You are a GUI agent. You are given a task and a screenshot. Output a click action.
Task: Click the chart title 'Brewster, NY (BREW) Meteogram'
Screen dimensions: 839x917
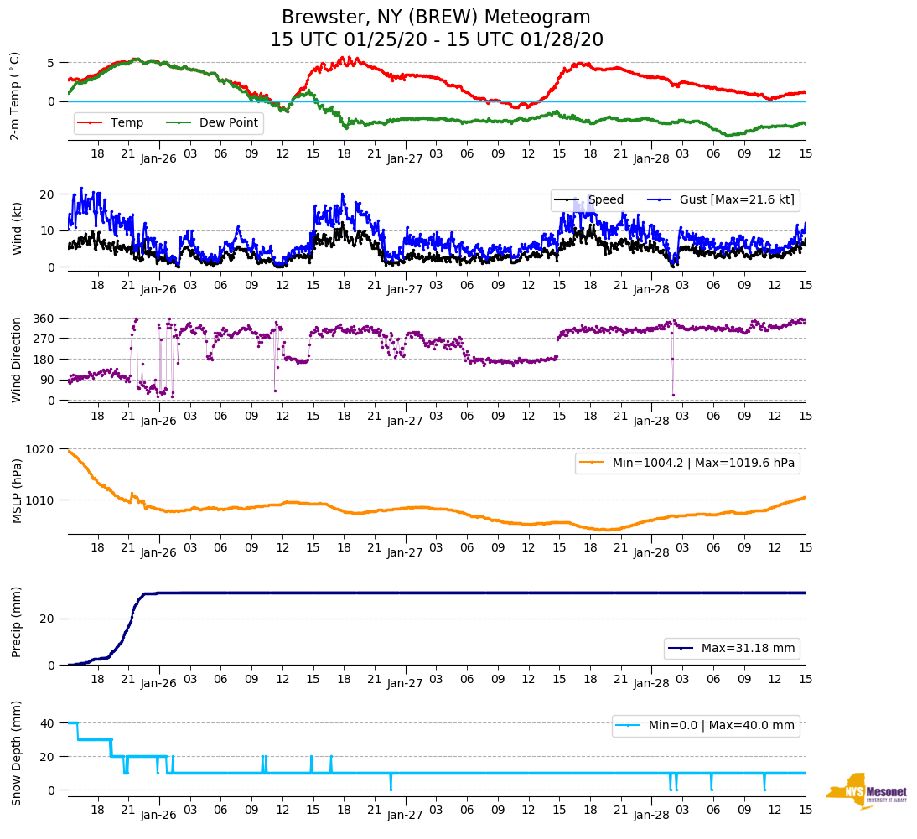pyautogui.click(x=436, y=18)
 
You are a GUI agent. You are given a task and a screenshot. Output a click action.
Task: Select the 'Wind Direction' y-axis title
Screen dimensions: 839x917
pyautogui.click(x=16, y=359)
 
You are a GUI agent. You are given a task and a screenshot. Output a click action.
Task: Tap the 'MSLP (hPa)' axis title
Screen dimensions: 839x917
pyautogui.click(x=16, y=490)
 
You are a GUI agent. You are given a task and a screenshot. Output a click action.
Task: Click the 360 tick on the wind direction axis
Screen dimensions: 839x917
pyautogui.click(x=44, y=319)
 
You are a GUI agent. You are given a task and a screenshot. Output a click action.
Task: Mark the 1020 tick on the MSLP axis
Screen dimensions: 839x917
pyautogui.click(x=41, y=449)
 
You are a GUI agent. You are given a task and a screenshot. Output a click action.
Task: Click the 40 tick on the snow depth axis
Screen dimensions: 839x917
pyautogui.click(x=47, y=723)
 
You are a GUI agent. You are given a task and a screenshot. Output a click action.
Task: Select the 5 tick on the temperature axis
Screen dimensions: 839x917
pyautogui.click(x=51, y=63)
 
